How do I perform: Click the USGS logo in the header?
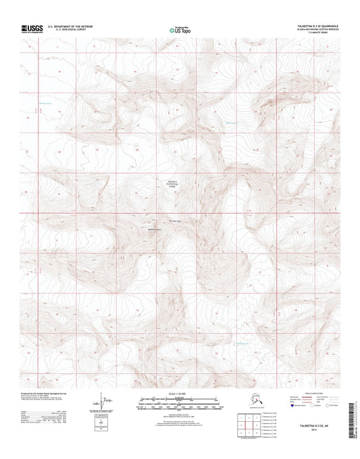pyautogui.click(x=32, y=28)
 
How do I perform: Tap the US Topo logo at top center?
pyautogui.click(x=179, y=29)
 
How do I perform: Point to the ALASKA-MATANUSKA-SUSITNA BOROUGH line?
pyautogui.click(x=314, y=30)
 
